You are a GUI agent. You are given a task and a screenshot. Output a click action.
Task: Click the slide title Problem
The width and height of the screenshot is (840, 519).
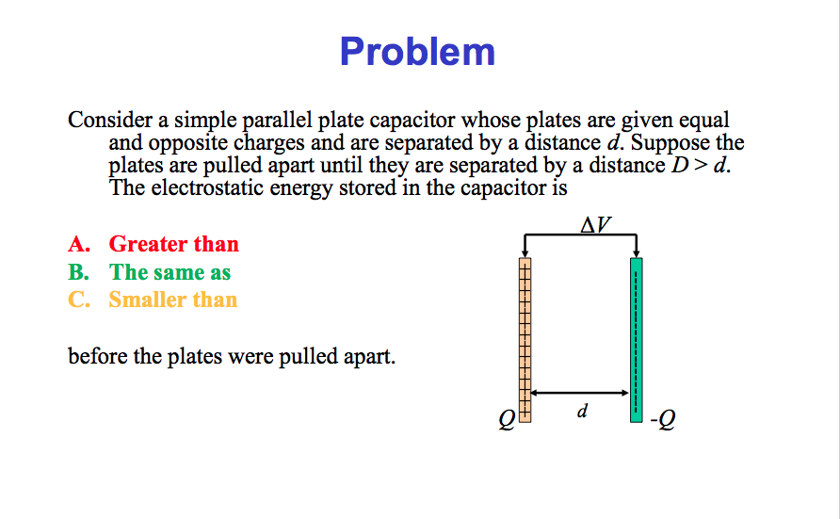coord(417,51)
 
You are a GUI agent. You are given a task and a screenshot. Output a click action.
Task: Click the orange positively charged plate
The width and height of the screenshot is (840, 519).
coord(525,339)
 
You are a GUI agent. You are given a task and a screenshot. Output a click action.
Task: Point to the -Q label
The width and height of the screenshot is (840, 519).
coord(662,420)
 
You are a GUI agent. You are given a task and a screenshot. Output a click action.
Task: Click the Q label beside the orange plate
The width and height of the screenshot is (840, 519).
coord(507,421)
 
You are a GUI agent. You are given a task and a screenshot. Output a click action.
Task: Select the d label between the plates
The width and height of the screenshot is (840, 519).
coord(583,412)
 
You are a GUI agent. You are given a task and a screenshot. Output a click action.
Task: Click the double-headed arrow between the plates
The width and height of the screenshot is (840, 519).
coord(580,392)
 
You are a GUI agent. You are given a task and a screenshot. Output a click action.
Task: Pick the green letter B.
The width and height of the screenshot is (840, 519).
coord(78,272)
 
